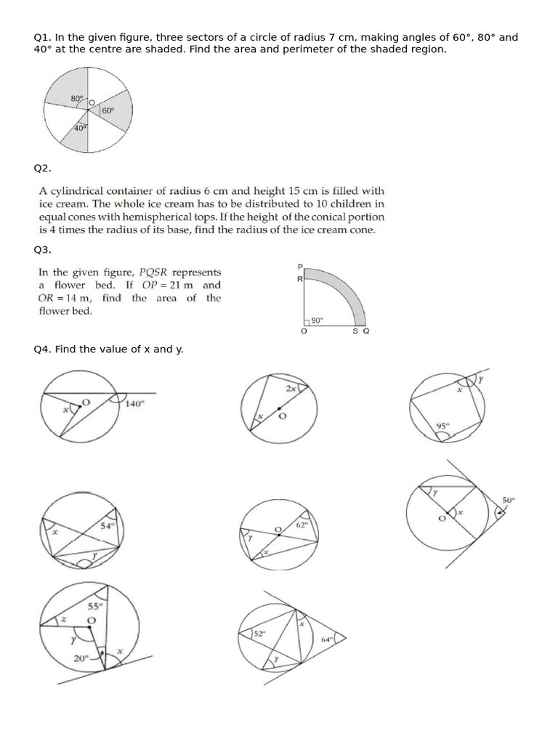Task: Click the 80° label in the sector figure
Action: click(x=77, y=98)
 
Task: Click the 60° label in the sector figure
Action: click(x=108, y=110)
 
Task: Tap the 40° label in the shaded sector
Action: click(x=80, y=128)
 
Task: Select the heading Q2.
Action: click(x=43, y=169)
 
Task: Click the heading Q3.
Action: click(x=43, y=250)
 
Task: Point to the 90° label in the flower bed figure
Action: click(x=317, y=320)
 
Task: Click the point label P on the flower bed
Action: click(x=300, y=267)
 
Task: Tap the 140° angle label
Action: click(x=135, y=404)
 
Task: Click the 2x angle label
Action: click(x=291, y=389)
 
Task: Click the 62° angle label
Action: click(x=303, y=523)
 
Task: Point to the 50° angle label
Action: click(x=508, y=500)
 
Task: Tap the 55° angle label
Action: click(x=95, y=606)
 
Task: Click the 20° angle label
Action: click(x=79, y=658)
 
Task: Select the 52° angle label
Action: click(x=260, y=634)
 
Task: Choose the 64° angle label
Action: click(x=327, y=639)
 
